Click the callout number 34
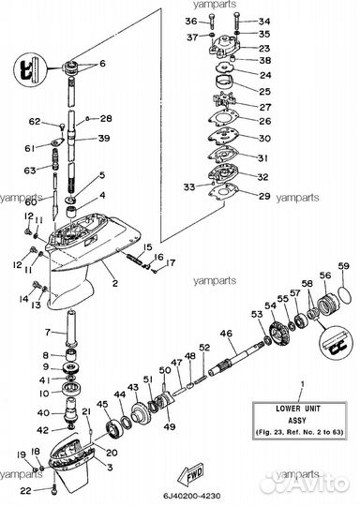click(x=263, y=21)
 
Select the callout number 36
click(x=191, y=21)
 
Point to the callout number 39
click(x=105, y=139)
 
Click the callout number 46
click(x=225, y=334)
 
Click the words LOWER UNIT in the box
click(x=300, y=409)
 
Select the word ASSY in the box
click(x=300, y=419)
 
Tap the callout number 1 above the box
click(x=301, y=385)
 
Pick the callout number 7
click(x=49, y=333)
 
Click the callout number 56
click(x=325, y=275)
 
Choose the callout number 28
click(x=106, y=119)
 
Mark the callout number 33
click(x=191, y=187)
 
